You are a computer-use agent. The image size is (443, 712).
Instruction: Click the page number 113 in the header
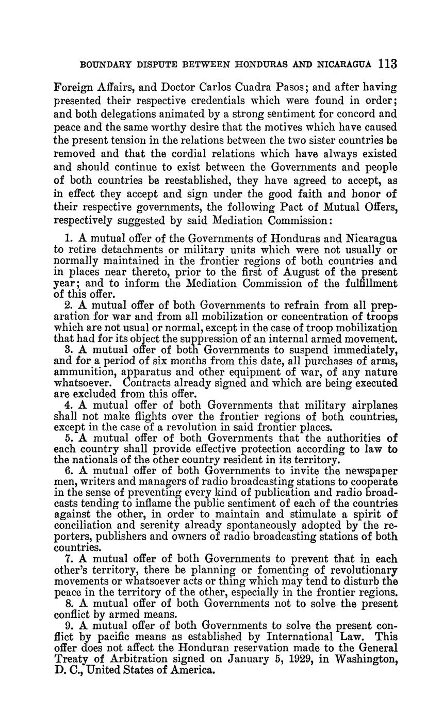pyautogui.click(x=387, y=64)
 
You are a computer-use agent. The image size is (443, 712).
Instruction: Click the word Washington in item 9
pyautogui.click(x=367, y=659)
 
